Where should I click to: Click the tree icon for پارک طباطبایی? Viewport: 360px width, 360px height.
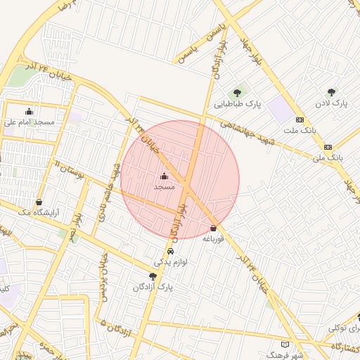(x=236, y=91)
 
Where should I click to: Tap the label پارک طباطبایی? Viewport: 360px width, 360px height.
(x=238, y=103)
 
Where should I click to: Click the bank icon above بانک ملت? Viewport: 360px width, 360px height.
(x=300, y=120)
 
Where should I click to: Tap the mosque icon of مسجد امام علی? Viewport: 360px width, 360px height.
(x=29, y=110)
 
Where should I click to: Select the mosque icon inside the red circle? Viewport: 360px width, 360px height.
(x=164, y=176)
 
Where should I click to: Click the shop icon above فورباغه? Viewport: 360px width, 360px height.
(x=213, y=228)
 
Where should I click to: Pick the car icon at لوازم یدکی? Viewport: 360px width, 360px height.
(x=171, y=251)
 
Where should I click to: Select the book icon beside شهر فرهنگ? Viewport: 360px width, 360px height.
(x=285, y=345)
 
